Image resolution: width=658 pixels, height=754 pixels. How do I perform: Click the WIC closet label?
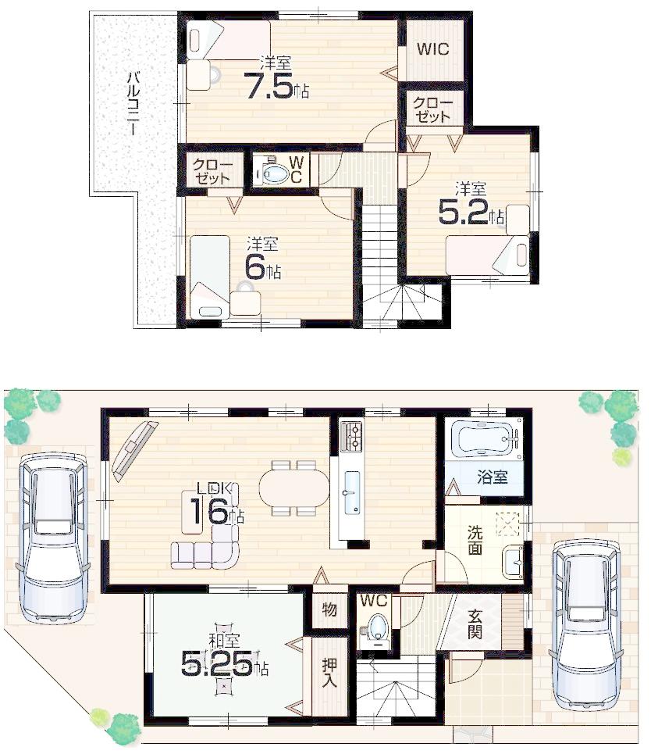(x=432, y=49)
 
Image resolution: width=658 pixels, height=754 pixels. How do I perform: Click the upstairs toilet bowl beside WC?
(x=275, y=173)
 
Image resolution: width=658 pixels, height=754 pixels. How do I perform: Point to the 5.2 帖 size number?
(x=464, y=213)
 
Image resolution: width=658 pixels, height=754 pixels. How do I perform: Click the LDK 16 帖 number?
(x=206, y=513)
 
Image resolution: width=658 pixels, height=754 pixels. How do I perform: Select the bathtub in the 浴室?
(x=484, y=440)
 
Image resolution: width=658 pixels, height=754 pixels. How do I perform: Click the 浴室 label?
(x=493, y=476)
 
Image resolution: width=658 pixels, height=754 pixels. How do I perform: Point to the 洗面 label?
(x=475, y=540)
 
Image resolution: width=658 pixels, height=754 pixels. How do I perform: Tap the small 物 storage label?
(x=329, y=609)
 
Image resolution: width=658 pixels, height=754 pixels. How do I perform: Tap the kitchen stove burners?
(x=350, y=435)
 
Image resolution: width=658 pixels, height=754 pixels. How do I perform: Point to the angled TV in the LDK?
(x=134, y=448)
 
